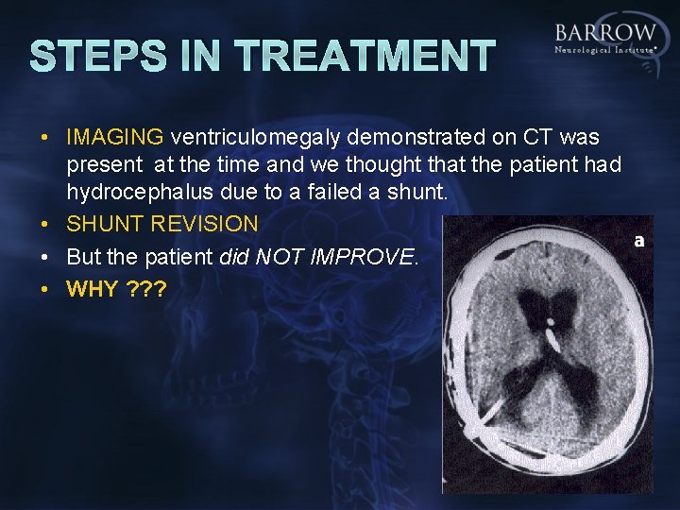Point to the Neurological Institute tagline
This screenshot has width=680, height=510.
pyautogui.click(x=604, y=48)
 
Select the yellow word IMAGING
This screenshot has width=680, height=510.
pyautogui.click(x=115, y=138)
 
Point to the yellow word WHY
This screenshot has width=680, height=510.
pyautogui.click(x=93, y=289)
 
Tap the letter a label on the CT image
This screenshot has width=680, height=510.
pyautogui.click(x=639, y=241)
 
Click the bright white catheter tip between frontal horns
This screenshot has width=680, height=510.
pyautogui.click(x=551, y=332)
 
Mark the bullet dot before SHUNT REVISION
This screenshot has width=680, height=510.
pyautogui.click(x=44, y=225)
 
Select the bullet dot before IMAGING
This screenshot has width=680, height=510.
pyautogui.click(x=44, y=138)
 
